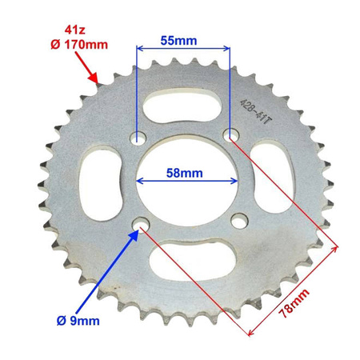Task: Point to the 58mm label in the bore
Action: point(185,172)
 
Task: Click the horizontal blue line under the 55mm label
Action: point(184,48)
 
